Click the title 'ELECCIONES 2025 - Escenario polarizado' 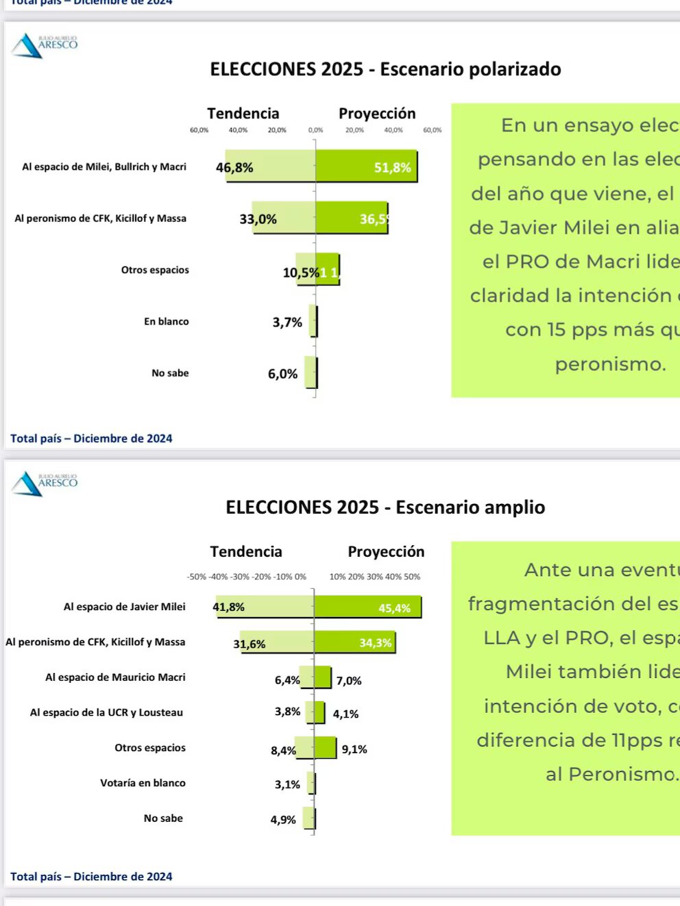point(385,69)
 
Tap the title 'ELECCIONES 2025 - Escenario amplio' point(385,507)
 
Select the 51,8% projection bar point(366,166)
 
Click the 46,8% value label point(234,168)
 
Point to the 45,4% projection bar point(367,607)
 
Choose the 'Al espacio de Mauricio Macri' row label point(115,677)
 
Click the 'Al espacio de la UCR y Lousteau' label point(106,712)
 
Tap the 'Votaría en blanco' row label point(143,783)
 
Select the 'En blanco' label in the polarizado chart point(166,321)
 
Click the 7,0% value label point(349,681)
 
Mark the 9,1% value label point(354,749)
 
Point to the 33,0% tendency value point(258,219)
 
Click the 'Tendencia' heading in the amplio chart point(246,551)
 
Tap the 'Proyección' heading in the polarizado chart point(377,114)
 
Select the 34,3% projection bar point(354,642)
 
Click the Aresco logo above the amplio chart point(44,483)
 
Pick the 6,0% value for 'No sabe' point(282,374)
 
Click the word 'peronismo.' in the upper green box point(610,364)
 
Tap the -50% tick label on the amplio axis point(197,577)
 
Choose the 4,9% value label point(283,820)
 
